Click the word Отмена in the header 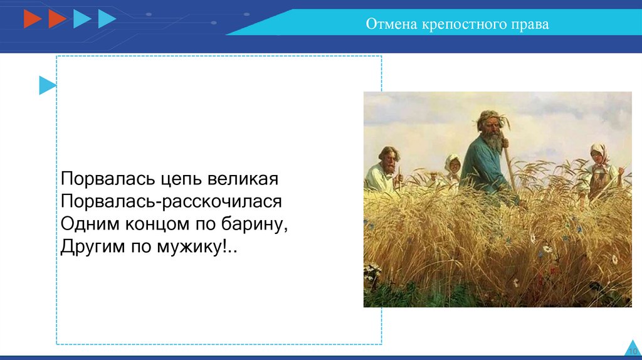[x=391, y=24]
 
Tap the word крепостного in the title [x=464, y=24]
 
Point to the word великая [x=243, y=179]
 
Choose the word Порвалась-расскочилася [x=171, y=201]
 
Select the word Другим [x=93, y=247]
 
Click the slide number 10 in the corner [x=633, y=351]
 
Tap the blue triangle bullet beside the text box [x=47, y=85]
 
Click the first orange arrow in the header [x=33, y=19]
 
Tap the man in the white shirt [x=385, y=169]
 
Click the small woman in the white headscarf [x=453, y=168]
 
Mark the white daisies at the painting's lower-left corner [x=372, y=272]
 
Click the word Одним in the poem [x=90, y=224]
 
